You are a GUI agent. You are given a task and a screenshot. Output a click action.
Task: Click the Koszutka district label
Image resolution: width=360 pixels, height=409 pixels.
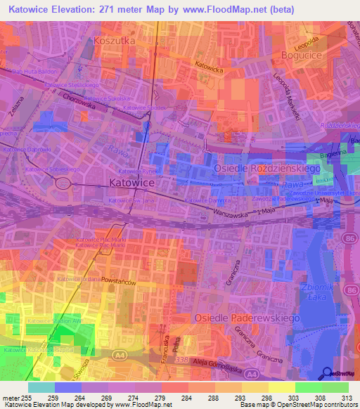coord(114,42)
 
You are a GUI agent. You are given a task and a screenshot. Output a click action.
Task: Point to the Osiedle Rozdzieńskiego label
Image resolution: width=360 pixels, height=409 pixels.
coord(267,169)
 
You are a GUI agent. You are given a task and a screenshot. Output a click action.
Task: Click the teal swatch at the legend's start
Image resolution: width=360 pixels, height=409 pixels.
coord(41,387)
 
